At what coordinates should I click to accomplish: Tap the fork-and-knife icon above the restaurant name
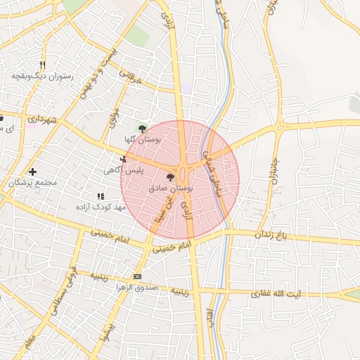pyautogui.click(x=42, y=64)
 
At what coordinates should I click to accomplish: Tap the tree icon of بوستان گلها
pyautogui.click(x=143, y=128)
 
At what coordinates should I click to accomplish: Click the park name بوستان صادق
pyautogui.click(x=171, y=189)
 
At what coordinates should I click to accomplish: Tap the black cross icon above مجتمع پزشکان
pyautogui.click(x=32, y=172)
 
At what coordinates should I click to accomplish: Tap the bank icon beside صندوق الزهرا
pyautogui.click(x=136, y=277)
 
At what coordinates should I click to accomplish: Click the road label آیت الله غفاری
pyautogui.click(x=279, y=292)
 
